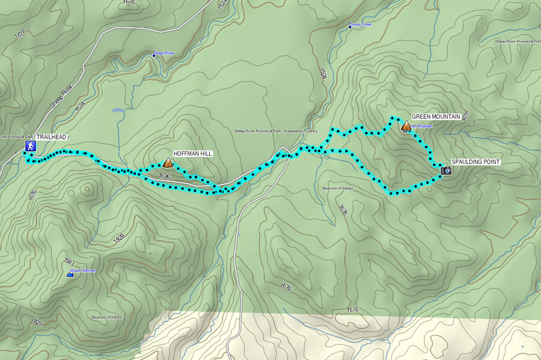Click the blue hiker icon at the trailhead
[x=29, y=146]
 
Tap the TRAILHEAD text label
[x=52, y=138]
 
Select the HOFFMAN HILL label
[x=192, y=154]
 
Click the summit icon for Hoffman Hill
[x=168, y=162]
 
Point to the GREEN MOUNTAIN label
[x=436, y=117]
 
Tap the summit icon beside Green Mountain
[x=406, y=126]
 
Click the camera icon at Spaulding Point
[x=445, y=171]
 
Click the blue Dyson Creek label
[x=361, y=25]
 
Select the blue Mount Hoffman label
[x=83, y=271]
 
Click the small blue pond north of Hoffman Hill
[x=118, y=111]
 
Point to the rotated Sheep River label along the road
[x=61, y=96]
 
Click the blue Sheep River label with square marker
[x=164, y=53]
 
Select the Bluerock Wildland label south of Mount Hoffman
[x=107, y=317]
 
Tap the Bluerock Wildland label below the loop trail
[x=337, y=189]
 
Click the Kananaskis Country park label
[x=276, y=130]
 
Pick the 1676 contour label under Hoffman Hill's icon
[x=164, y=177]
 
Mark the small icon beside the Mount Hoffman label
[x=70, y=275]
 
